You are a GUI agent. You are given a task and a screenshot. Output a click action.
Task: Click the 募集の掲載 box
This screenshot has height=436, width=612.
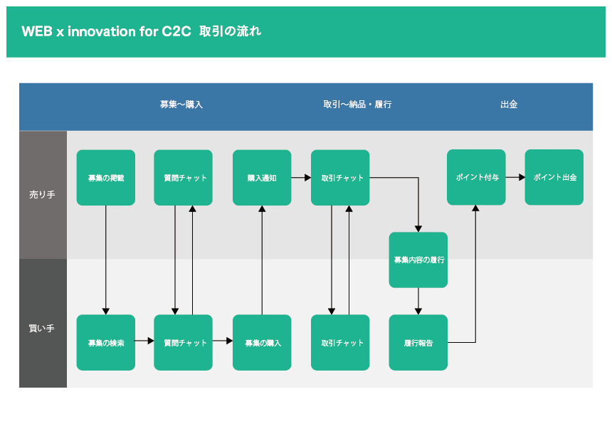tap(106, 177)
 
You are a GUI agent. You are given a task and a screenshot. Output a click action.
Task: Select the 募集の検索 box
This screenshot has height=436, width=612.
tap(106, 342)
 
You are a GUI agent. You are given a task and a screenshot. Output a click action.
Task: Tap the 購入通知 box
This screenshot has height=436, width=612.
tap(262, 177)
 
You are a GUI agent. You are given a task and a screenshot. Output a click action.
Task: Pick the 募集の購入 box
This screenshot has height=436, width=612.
tap(262, 342)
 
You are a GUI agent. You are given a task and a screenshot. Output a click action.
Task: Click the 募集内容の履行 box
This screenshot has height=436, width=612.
tap(418, 260)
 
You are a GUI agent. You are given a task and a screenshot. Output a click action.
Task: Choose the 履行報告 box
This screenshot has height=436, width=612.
tap(418, 342)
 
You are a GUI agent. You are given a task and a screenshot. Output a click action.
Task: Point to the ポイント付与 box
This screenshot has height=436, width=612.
tap(476, 177)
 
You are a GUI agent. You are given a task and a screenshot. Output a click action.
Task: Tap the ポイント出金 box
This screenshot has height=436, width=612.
tap(554, 177)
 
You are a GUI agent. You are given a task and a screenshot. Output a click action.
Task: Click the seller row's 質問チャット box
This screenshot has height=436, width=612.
tap(183, 177)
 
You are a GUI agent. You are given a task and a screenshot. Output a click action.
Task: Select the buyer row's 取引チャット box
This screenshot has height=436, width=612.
tap(340, 342)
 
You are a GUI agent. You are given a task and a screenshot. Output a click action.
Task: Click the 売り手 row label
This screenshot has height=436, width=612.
tap(42, 194)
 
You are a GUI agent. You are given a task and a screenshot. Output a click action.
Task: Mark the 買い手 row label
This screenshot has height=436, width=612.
tap(42, 328)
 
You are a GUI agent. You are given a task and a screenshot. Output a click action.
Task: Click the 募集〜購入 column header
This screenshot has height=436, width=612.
tap(181, 104)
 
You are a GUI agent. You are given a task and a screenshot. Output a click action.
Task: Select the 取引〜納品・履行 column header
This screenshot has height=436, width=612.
tap(357, 104)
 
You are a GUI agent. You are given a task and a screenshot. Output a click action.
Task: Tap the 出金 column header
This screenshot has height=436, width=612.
tap(509, 104)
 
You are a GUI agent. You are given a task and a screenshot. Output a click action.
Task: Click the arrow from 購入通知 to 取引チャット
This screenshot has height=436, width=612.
tap(301, 177)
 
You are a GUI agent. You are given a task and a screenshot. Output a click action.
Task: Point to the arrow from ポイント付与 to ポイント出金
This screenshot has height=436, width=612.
tap(515, 177)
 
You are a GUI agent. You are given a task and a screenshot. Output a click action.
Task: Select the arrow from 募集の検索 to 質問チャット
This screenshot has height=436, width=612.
tap(144, 341)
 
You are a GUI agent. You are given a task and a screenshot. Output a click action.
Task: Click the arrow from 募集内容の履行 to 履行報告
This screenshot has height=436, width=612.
tap(418, 301)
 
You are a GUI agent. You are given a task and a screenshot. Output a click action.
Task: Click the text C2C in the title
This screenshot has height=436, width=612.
tap(176, 31)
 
